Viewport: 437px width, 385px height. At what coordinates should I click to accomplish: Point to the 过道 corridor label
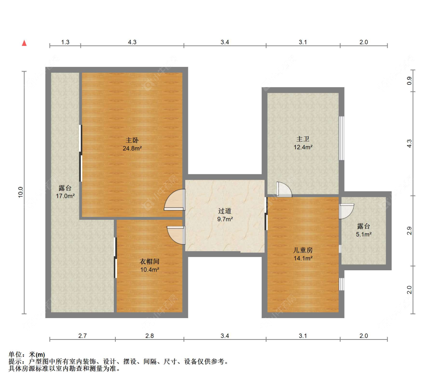point(225,211)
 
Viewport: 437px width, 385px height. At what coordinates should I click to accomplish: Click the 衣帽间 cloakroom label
point(150,262)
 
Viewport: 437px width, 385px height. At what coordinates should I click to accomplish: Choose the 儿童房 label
point(303,250)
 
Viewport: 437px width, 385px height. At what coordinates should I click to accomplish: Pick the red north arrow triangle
point(24,43)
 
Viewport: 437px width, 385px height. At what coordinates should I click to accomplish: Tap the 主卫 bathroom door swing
point(284,189)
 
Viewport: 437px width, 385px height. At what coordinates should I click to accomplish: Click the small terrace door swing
point(346,211)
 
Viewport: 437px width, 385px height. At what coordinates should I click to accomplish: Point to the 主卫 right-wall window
point(341,138)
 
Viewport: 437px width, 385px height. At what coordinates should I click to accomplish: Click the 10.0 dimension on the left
point(21,192)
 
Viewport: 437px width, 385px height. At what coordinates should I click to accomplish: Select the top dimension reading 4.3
point(132,42)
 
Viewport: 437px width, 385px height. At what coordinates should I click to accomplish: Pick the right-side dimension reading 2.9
point(408,231)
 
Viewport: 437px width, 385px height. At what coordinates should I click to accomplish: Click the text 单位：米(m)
point(27,355)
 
